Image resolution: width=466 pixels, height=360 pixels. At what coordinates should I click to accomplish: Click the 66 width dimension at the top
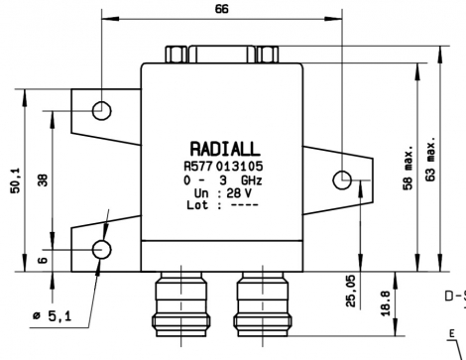pos(221,9)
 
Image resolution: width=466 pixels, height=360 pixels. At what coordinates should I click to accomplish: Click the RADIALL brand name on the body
pos(222,148)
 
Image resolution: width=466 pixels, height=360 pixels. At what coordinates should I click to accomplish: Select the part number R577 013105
pos(222,166)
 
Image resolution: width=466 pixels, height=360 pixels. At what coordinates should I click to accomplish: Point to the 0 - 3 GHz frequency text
pos(222,180)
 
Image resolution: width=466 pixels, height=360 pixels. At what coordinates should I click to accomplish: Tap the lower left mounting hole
pos(101,250)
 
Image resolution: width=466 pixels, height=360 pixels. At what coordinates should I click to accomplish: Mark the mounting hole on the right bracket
pos(342,180)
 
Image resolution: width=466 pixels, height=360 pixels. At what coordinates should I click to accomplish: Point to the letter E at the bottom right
pos(452,334)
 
